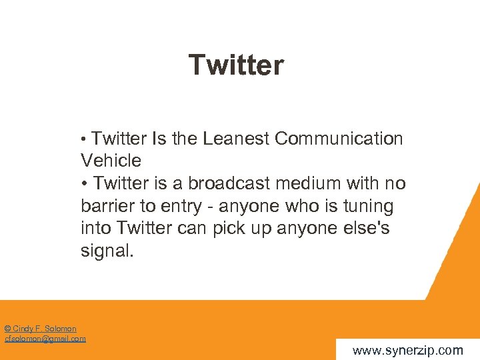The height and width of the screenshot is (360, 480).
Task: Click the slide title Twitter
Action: point(236,65)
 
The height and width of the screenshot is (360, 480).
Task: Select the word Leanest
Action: point(236,139)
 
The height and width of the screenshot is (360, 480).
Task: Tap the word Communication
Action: point(339,139)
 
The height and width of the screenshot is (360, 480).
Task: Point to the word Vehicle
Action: point(111,161)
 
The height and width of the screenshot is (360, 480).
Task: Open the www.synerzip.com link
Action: point(407,350)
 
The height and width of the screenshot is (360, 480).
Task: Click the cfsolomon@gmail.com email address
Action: point(45,339)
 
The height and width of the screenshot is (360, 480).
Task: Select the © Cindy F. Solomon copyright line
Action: point(40,329)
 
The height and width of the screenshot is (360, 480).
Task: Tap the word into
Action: point(96,229)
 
